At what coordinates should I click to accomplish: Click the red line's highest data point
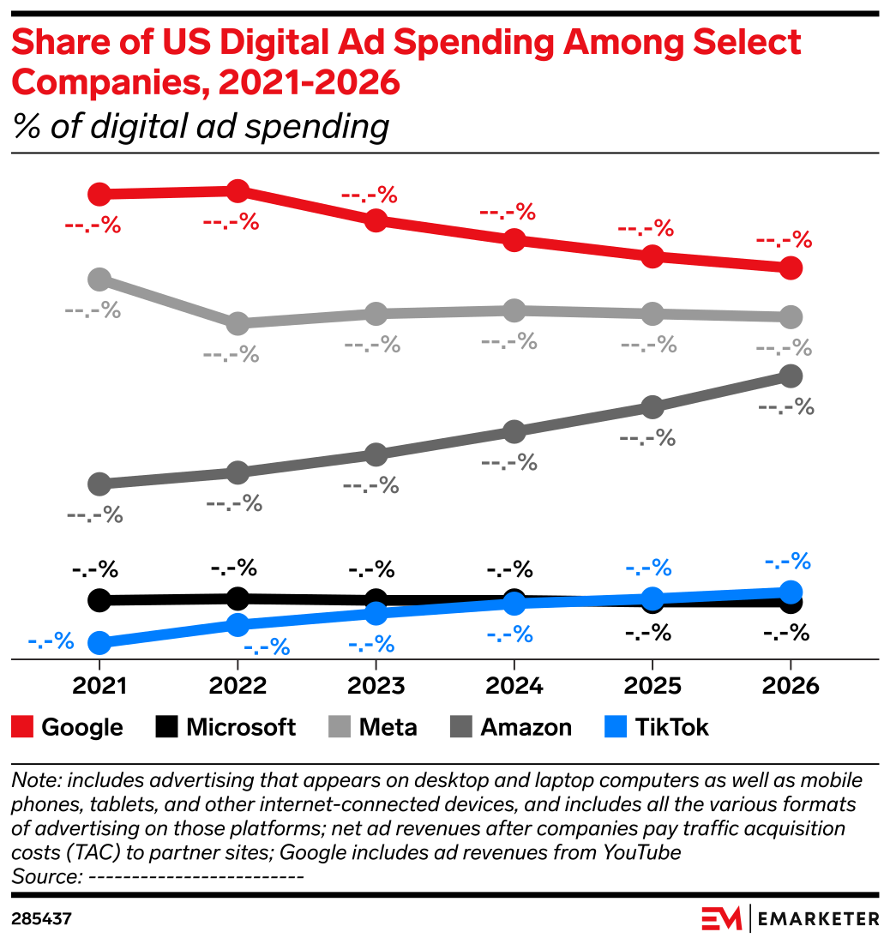[x=238, y=191]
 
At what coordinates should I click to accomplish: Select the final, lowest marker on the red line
[x=791, y=268]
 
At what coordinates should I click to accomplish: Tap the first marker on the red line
[x=99, y=195]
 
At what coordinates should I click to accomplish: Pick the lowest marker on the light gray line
[x=238, y=324]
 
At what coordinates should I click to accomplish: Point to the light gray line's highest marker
[x=99, y=279]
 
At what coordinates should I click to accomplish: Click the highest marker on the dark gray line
[x=791, y=376]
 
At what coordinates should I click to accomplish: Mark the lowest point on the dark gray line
[x=99, y=484]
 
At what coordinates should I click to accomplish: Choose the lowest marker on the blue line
[x=99, y=642]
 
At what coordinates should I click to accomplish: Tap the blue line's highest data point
[x=791, y=592]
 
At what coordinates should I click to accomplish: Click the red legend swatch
[x=22, y=727]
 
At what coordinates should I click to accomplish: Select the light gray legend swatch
[x=340, y=727]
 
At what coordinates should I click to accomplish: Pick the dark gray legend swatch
[x=460, y=727]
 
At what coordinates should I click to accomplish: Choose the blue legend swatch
[x=616, y=727]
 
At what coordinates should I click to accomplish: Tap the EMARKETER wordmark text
[x=819, y=918]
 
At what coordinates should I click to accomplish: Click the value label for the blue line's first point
[x=51, y=641]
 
